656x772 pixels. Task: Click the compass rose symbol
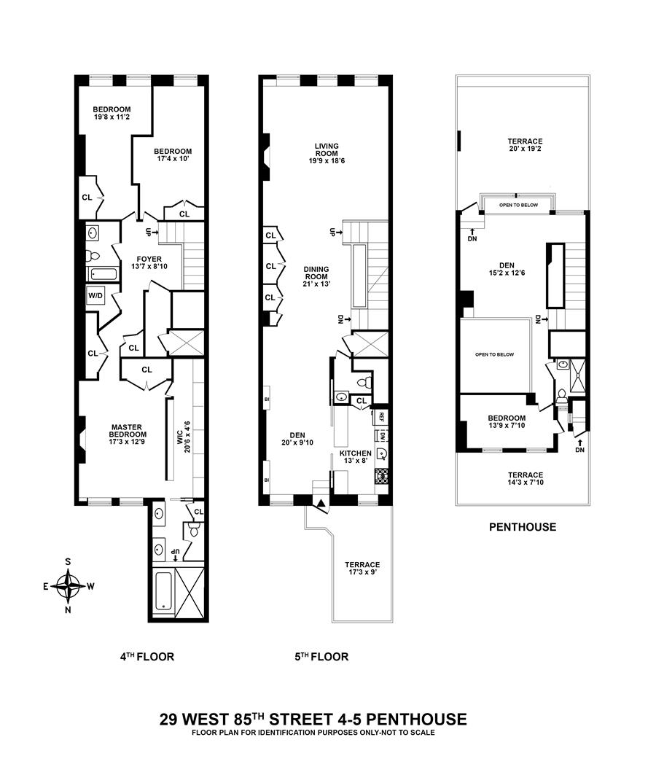pos(69,586)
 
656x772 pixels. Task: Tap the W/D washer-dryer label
pos(95,295)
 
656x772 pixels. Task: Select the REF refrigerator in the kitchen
pos(381,416)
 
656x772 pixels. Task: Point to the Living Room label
pos(327,153)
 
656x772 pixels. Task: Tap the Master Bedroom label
pos(127,434)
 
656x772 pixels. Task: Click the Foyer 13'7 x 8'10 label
pos(149,263)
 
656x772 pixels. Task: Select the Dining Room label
pos(316,276)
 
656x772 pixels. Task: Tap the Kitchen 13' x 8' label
pos(355,456)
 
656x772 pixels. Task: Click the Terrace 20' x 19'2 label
pos(525,145)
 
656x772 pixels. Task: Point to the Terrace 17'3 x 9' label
pos(362,568)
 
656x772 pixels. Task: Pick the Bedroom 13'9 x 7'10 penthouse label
pos(507,421)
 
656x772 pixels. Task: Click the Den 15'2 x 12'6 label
pos(507,269)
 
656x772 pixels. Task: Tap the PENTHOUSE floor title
pos(522,527)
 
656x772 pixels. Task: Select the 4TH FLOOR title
pos(147,656)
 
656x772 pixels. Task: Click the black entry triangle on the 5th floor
pos(321,503)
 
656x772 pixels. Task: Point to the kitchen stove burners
pos(383,475)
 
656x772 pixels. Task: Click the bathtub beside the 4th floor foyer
pos(102,274)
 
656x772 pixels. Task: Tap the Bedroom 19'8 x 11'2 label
pos(112,113)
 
